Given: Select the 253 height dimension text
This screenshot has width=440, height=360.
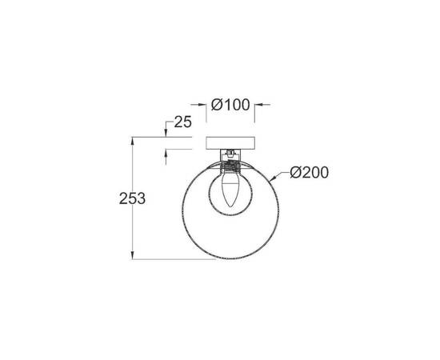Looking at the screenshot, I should click(x=130, y=199).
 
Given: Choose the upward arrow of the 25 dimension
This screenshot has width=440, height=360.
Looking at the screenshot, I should click(x=166, y=154).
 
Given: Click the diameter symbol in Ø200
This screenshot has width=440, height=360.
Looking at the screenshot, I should click(x=295, y=171).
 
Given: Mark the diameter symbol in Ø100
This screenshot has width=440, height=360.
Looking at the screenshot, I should click(x=215, y=104).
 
